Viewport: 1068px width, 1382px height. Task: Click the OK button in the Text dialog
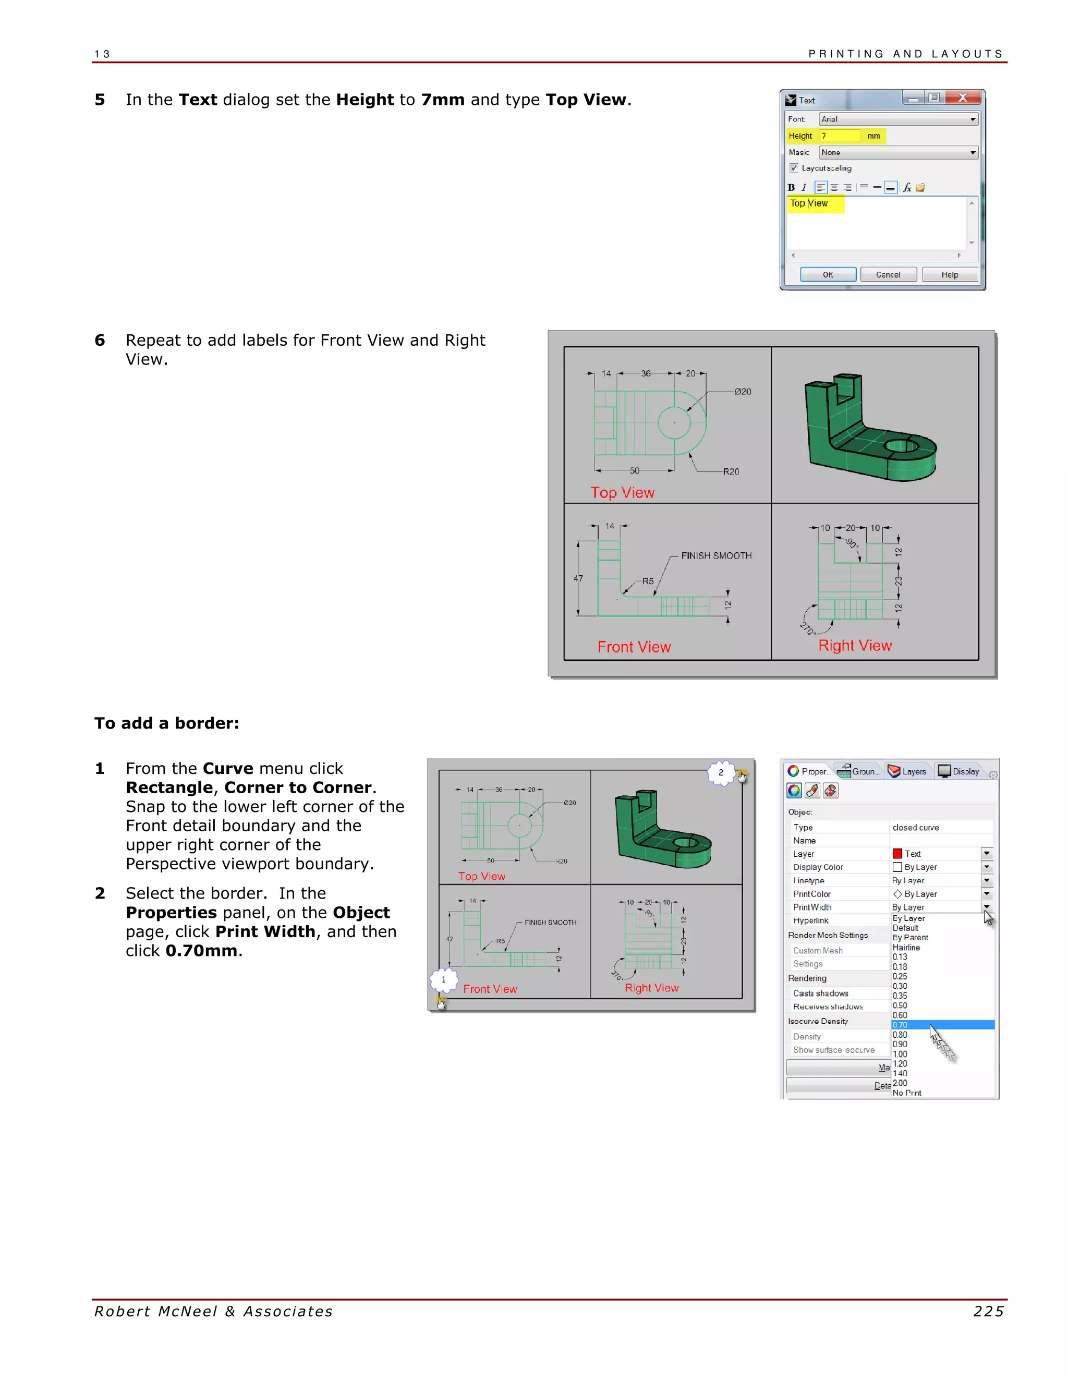pos(828,275)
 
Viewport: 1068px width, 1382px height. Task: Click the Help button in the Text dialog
pos(949,275)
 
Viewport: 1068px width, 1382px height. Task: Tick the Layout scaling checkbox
pos(793,168)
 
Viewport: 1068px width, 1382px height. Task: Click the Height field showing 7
pos(840,136)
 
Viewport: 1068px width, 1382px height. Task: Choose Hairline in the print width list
pos(906,947)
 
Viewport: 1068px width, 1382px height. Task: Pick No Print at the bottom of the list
pos(907,1093)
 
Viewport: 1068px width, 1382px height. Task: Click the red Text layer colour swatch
pos(897,854)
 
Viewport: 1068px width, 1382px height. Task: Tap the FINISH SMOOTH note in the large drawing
pos(716,555)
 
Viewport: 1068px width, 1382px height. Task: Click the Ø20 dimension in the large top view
pos(743,392)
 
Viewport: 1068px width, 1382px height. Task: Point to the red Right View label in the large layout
pos(855,646)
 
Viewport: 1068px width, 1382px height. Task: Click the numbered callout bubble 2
pos(721,773)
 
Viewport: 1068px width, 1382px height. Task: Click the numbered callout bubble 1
pos(444,979)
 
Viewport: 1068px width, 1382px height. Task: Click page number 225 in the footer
pos(988,1312)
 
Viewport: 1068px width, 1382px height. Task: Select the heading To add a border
pos(167,723)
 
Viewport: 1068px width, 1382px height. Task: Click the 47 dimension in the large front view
pos(578,578)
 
